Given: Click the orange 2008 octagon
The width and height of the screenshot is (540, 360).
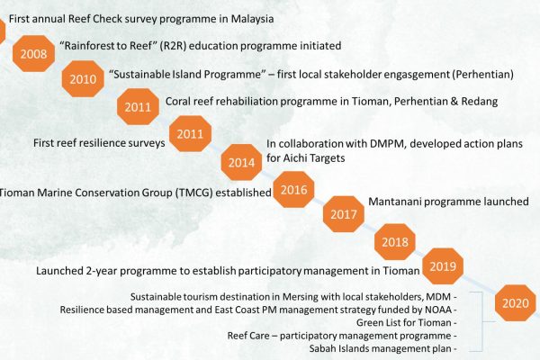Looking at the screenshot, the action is click(x=34, y=53).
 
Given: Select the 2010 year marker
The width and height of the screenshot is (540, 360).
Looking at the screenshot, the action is click(x=83, y=79).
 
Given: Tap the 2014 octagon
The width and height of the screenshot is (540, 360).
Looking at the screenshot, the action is click(x=241, y=162).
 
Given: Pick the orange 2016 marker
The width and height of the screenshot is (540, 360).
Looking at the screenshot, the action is click(x=293, y=190).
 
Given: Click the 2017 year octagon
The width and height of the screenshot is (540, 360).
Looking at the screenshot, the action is click(x=344, y=214).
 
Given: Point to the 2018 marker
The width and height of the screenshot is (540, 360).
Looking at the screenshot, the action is click(x=395, y=241).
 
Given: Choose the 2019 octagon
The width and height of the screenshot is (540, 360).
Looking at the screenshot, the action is click(x=443, y=266).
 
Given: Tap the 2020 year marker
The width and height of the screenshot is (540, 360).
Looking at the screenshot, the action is click(x=516, y=302).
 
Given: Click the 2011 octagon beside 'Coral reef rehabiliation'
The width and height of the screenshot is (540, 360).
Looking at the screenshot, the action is click(x=138, y=106).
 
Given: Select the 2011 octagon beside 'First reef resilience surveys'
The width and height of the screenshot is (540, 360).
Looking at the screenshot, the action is click(x=191, y=134).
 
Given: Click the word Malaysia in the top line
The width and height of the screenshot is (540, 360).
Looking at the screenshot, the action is click(x=252, y=19).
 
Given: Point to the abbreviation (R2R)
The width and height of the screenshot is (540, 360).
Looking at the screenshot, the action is click(x=173, y=46).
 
